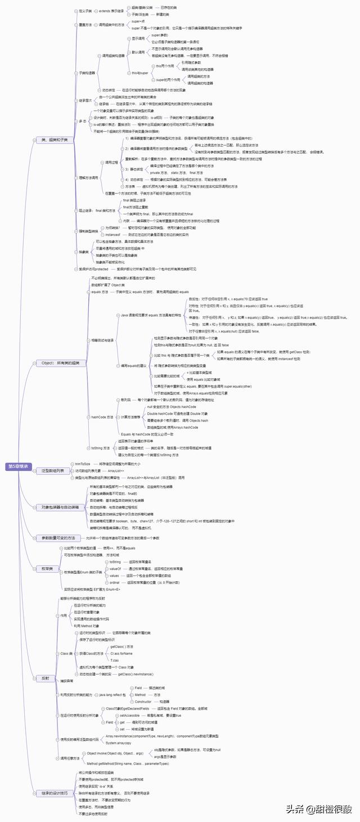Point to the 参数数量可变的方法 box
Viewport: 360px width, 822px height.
(58, 538)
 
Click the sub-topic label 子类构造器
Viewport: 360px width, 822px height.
(87, 73)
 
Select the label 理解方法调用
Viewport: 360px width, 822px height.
(88, 177)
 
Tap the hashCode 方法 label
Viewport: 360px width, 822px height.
(102, 417)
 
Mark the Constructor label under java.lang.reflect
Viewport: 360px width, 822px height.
(143, 702)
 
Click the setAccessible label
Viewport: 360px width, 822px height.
(130, 715)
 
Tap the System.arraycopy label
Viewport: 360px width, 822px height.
(119, 743)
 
